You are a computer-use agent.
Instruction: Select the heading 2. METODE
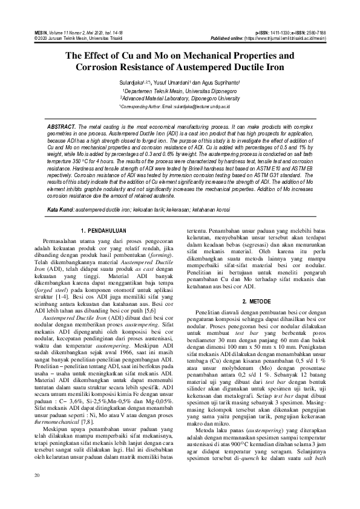point(256,300)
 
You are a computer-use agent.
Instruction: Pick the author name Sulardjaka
point(133,81)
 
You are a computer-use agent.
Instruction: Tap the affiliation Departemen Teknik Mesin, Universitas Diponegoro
point(180,89)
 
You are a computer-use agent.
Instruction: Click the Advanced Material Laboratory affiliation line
point(180,97)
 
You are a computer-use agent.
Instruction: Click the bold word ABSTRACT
point(61,126)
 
